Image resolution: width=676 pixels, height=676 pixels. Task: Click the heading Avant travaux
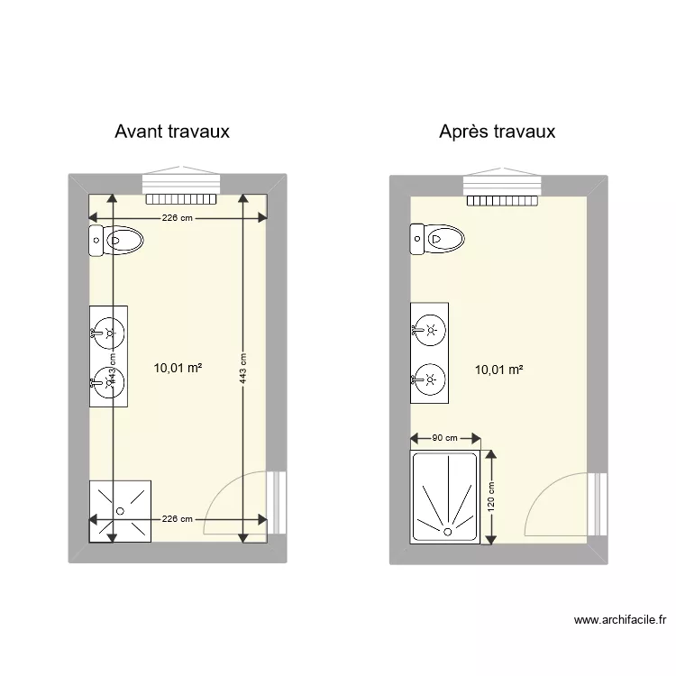[172, 132]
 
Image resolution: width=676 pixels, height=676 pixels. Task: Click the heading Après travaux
[497, 132]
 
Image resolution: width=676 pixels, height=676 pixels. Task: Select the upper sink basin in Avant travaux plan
[109, 333]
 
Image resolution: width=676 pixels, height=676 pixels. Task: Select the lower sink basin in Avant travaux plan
[109, 382]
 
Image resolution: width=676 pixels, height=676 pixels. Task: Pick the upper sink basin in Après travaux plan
[431, 330]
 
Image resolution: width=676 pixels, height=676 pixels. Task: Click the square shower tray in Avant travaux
[120, 510]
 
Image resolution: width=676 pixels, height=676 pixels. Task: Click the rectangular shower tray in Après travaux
[445, 498]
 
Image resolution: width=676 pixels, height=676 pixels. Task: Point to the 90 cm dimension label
[444, 438]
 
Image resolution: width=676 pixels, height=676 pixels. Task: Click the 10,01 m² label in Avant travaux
[178, 368]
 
